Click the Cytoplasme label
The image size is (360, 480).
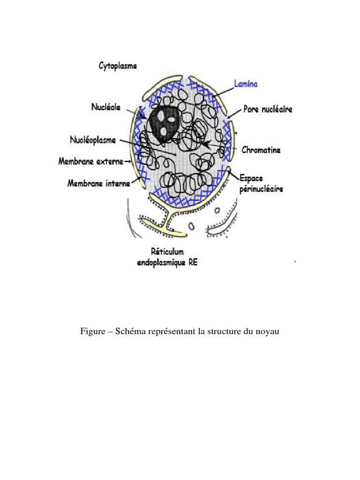[118, 66]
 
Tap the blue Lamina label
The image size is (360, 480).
[246, 84]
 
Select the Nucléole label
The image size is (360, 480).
[105, 107]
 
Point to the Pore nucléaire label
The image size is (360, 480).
[268, 109]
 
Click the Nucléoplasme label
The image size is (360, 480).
[92, 140]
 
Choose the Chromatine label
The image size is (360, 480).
[261, 150]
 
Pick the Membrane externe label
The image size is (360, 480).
[90, 161]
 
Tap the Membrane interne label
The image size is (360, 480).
[98, 183]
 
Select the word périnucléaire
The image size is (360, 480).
[261, 189]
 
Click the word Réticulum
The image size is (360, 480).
[167, 252]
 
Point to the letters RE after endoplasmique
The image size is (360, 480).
[191, 262]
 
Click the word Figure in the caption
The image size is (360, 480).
[92, 332]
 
